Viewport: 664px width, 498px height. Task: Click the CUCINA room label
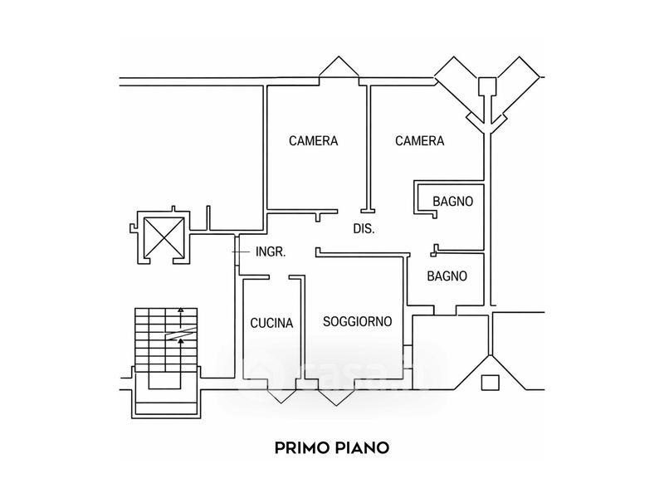271,323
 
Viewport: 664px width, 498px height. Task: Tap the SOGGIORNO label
358,321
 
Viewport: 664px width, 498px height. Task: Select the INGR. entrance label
271,252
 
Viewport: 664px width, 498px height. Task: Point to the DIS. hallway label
364,229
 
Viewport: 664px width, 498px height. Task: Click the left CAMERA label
314,140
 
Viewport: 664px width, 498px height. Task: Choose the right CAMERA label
420,140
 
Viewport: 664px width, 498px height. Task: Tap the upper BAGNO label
452,201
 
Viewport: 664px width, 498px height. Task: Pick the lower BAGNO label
447,276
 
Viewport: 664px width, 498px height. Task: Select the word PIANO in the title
362,447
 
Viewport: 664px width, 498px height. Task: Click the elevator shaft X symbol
164,237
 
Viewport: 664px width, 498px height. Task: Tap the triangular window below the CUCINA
281,396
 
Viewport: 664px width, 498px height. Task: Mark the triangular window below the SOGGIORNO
337,398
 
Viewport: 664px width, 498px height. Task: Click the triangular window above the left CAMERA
339,66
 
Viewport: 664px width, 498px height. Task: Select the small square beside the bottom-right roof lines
491,383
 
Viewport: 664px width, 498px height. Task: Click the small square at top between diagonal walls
487,86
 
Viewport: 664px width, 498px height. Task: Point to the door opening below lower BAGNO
445,310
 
